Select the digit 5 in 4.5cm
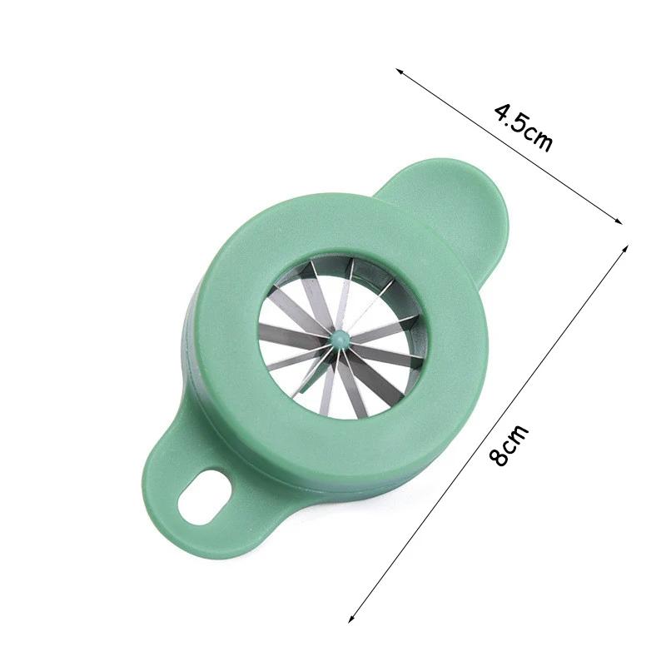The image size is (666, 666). point(522,122)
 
